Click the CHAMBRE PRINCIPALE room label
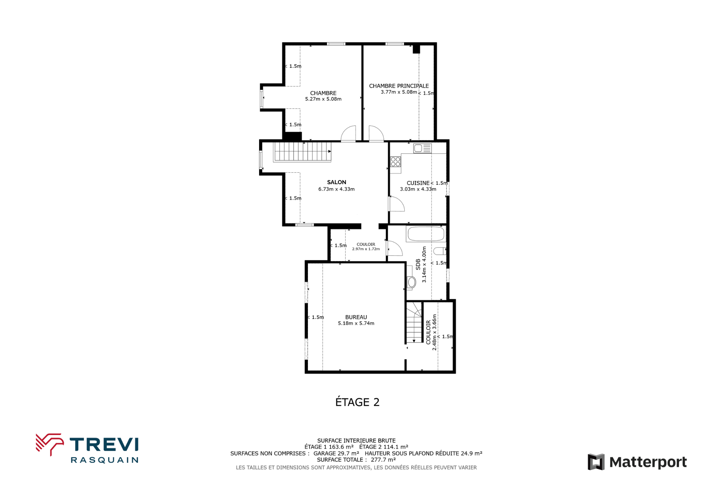[x=399, y=86]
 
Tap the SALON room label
[x=337, y=182]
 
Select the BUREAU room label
[x=356, y=317]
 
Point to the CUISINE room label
[x=418, y=183]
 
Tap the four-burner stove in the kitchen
[x=396, y=162]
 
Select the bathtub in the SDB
[x=426, y=234]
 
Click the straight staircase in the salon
[x=302, y=152]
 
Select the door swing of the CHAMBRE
[x=348, y=133]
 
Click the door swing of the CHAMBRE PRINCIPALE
[x=376, y=133]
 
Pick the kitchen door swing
[x=397, y=204]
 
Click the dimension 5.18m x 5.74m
[x=356, y=324]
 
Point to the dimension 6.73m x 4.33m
[x=337, y=189]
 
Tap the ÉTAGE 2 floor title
[x=357, y=402]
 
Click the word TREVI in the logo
[x=104, y=445]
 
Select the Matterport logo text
[x=648, y=462]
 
